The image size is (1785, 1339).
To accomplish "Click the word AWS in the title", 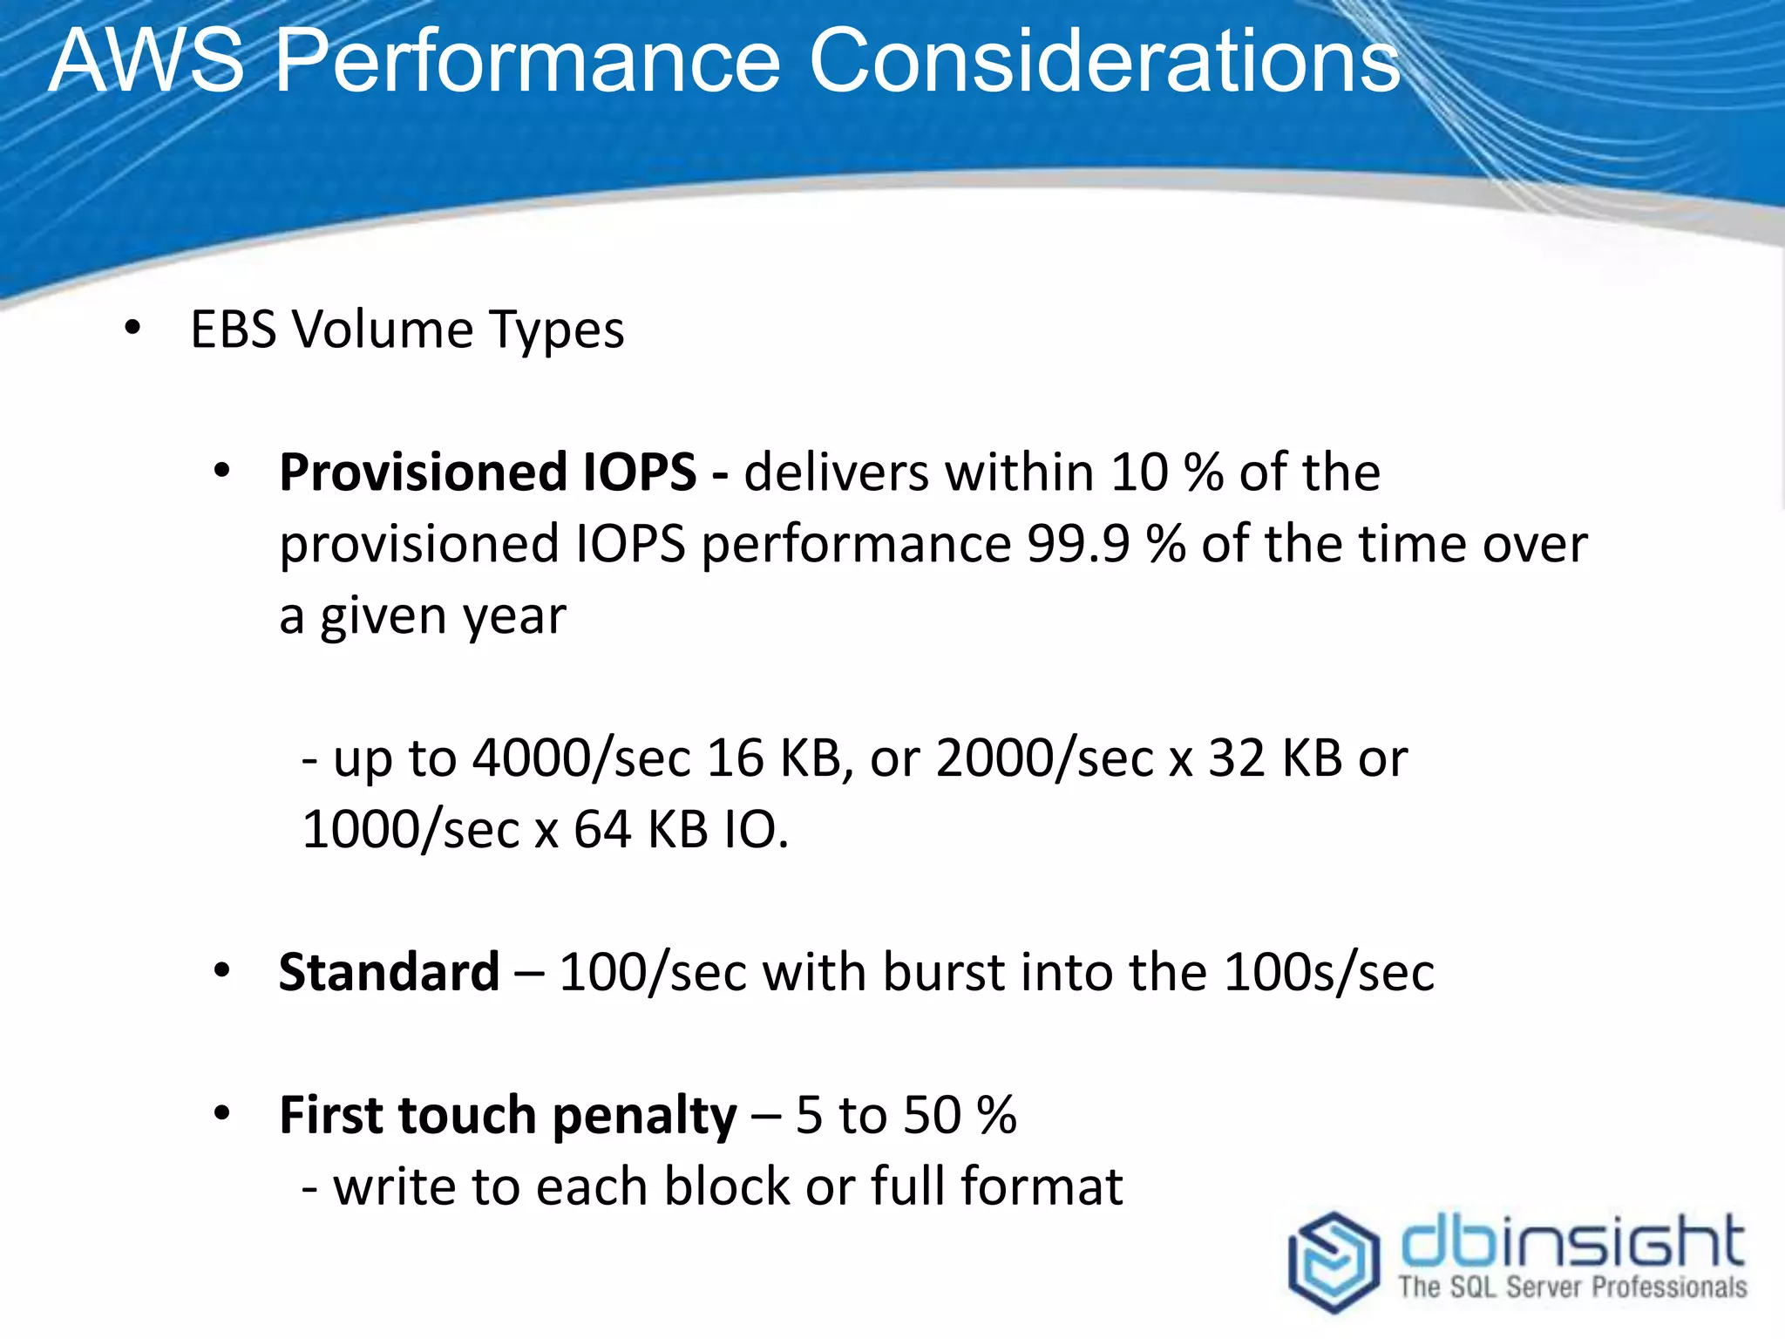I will pos(146,61).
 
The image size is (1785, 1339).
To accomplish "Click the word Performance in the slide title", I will pos(528,61).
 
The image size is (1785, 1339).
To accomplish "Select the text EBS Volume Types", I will pos(407,330).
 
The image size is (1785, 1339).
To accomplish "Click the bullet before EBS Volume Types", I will pos(132,329).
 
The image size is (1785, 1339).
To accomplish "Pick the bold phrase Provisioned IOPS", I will pos(487,472).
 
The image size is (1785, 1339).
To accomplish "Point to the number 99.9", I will pos(1078,544).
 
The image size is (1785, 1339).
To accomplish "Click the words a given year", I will pos(423,616).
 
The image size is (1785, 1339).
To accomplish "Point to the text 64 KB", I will pos(641,829).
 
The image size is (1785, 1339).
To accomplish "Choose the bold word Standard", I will pos(389,972).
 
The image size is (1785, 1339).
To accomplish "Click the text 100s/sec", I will pos(1328,972).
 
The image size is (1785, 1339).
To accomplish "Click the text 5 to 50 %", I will pos(906,1115).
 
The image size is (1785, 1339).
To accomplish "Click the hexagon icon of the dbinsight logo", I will pos(1334,1261).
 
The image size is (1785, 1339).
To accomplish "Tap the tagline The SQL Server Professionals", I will pos(1572,1288).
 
